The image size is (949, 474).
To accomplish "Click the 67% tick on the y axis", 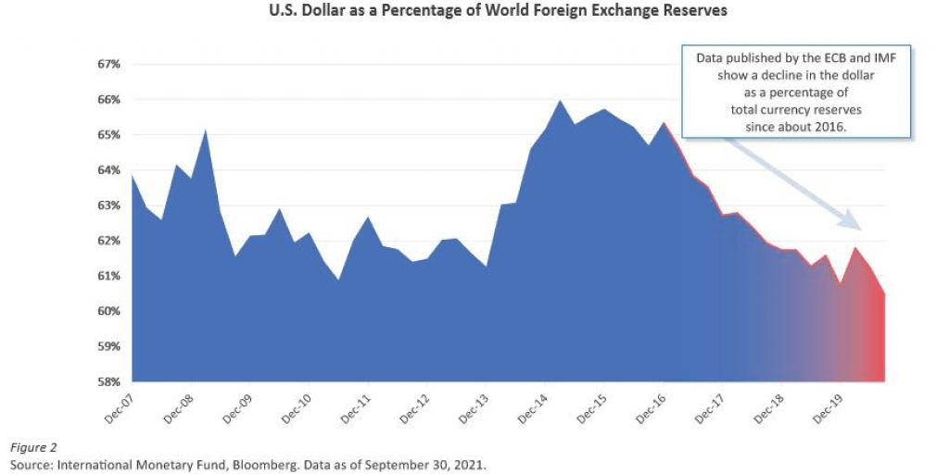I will tap(109, 65).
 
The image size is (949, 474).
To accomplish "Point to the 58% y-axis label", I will tap(109, 381).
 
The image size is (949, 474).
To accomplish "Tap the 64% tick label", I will tap(109, 170).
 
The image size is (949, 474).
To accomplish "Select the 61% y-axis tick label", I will tap(109, 276).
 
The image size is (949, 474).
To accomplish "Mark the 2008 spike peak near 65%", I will tap(205, 130).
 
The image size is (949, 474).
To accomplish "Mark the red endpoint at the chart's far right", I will tap(883, 294).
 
